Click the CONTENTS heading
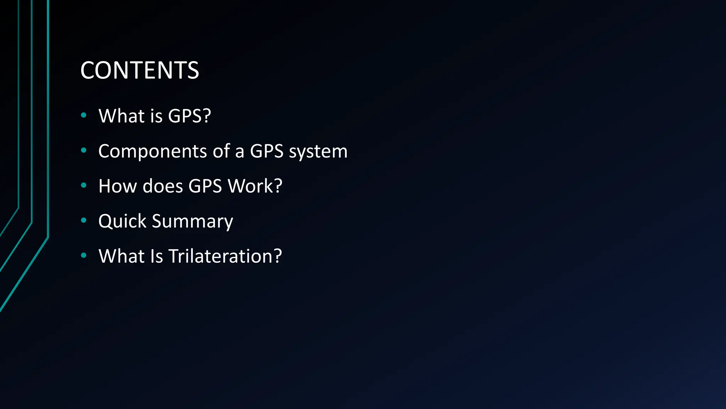tap(140, 70)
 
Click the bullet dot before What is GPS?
tap(84, 115)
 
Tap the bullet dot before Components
tap(84, 150)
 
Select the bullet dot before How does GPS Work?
tap(84, 185)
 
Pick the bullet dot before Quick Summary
tap(84, 220)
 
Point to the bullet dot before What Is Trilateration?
tap(84, 255)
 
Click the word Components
tap(152, 151)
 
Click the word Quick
tap(122, 221)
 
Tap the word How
tap(118, 186)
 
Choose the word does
tap(163, 186)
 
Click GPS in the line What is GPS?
tap(185, 116)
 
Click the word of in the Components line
tap(221, 151)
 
